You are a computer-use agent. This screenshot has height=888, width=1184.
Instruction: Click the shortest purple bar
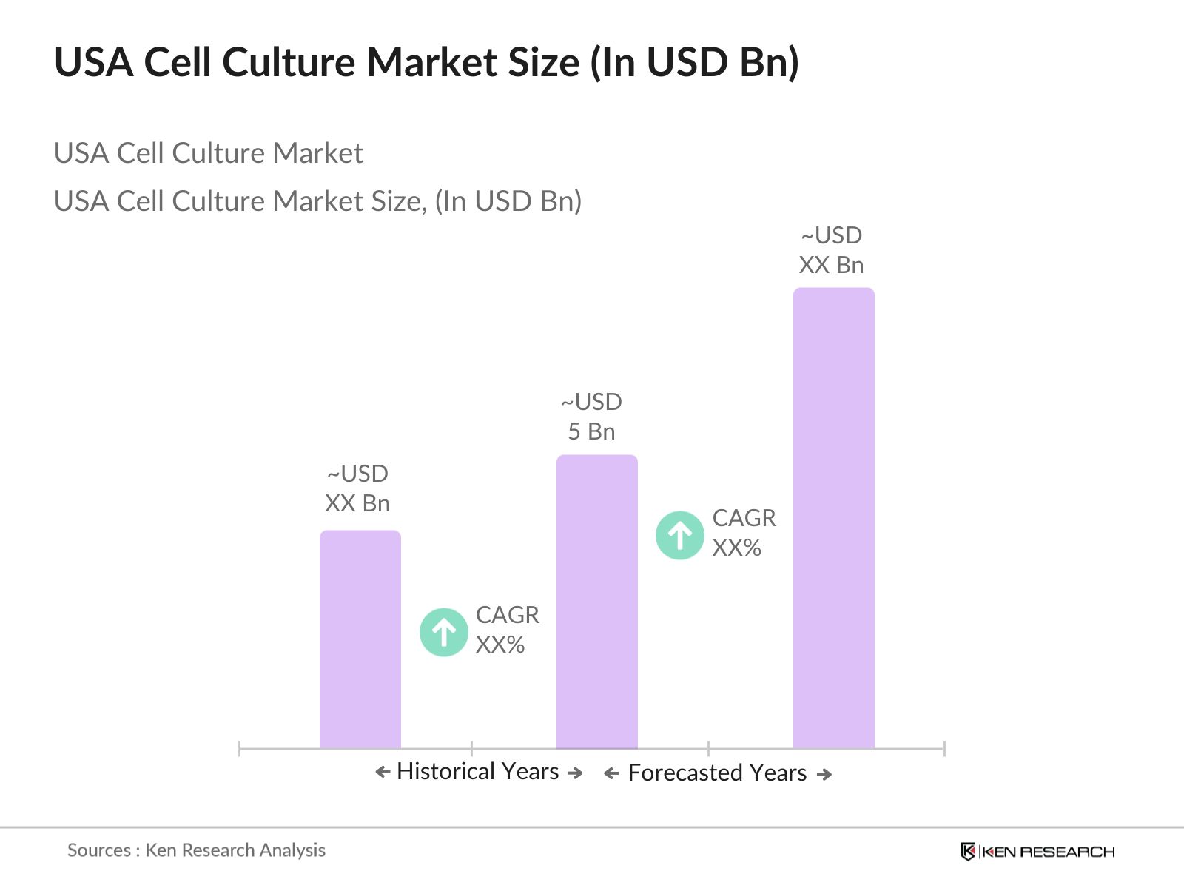[360, 640]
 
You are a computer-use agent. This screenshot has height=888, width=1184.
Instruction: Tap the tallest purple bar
[833, 518]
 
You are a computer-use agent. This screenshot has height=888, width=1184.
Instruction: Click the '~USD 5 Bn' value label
[591, 417]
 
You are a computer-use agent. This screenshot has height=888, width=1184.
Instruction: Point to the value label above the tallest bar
[831, 250]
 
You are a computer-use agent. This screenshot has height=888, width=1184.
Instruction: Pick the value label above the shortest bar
[357, 488]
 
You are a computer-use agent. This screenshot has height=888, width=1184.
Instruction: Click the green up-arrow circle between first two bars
[443, 632]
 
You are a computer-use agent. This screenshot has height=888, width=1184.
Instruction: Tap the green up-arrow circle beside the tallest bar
[679, 535]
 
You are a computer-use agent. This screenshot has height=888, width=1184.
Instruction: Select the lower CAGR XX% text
[507, 630]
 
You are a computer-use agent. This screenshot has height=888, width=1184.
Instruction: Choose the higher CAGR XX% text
[744, 533]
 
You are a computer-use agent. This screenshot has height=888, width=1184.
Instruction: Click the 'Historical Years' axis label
[477, 772]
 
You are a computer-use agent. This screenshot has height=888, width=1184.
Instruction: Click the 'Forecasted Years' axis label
[717, 773]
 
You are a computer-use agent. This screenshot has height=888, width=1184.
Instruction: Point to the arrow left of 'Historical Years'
[383, 773]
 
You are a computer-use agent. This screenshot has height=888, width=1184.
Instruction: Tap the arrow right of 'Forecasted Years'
[824, 775]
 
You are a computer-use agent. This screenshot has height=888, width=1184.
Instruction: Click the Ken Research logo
[1037, 852]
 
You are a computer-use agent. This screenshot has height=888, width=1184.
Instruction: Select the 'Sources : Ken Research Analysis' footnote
[196, 850]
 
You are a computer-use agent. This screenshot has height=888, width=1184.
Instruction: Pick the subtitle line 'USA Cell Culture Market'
[208, 153]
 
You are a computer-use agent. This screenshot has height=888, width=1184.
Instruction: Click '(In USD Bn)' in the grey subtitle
[508, 201]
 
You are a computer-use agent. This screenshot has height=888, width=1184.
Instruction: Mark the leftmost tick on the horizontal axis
[240, 748]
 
